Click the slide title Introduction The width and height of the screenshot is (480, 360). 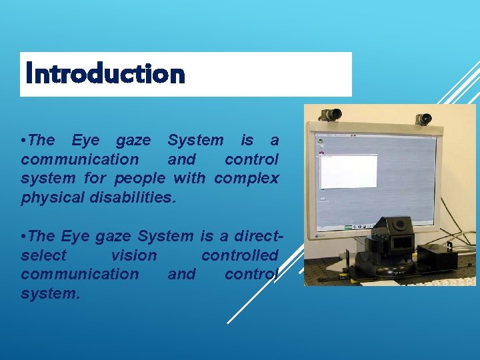104,74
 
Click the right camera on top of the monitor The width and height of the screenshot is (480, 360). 423,118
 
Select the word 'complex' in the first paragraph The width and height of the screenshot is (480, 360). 247,178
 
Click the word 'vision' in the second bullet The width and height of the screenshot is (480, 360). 134,255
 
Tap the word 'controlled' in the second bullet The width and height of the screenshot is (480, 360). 239,255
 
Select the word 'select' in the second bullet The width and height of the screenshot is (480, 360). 44,255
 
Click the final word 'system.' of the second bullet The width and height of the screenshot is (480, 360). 51,293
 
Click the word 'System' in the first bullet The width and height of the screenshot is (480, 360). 195,140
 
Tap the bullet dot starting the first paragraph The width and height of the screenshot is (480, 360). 24,141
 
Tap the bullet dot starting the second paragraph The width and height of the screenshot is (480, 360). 24,236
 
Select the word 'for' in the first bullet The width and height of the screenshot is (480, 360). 95,178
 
